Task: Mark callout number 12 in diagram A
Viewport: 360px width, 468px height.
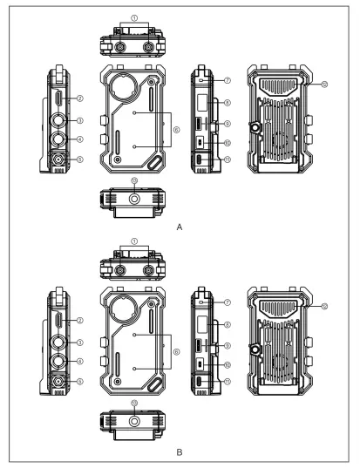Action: coord(324,85)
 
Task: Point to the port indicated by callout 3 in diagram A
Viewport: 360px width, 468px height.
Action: coord(58,120)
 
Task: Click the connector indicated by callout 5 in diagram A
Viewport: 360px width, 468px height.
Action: coord(58,159)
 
